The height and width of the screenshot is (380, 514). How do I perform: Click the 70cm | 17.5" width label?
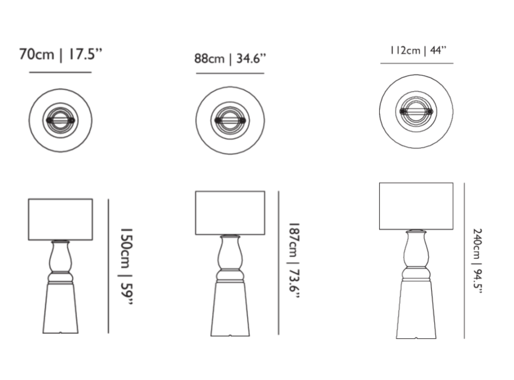coord(60,54)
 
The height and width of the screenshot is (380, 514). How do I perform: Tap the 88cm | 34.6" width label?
coord(230,58)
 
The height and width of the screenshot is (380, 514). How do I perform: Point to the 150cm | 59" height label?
coord(126,266)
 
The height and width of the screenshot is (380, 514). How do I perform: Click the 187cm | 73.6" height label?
coord(294,261)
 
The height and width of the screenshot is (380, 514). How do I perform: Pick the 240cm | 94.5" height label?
coord(477,261)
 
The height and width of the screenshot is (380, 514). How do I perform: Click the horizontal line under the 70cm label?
coord(60,72)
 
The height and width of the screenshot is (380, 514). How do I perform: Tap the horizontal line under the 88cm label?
coord(230,73)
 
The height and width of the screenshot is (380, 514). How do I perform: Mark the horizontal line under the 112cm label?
coord(417,63)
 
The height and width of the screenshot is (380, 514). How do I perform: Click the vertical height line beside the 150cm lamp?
coord(108,266)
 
